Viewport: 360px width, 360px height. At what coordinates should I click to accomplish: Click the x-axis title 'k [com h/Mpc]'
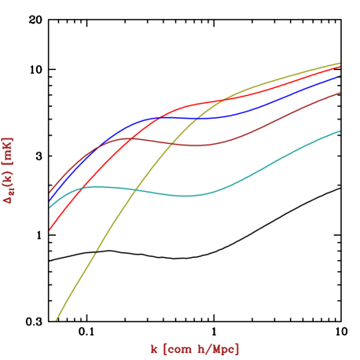[195, 349]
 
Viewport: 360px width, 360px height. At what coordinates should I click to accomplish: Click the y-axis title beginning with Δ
[9, 171]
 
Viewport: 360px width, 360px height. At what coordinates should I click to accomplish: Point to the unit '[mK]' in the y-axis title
[9, 149]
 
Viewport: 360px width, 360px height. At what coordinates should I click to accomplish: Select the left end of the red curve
[50, 230]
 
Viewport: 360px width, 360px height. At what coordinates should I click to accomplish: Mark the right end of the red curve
[340, 66]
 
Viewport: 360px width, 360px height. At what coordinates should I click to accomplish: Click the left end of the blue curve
[50, 200]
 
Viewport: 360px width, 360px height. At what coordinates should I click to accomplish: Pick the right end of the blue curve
[340, 76]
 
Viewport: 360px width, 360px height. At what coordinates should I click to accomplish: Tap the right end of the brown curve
[340, 93]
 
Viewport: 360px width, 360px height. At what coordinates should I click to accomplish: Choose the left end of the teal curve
[50, 208]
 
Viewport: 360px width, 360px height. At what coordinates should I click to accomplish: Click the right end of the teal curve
[340, 130]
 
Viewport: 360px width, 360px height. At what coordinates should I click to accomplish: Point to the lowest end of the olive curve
[56, 320]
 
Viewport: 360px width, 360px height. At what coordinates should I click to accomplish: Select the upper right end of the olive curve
[340, 63]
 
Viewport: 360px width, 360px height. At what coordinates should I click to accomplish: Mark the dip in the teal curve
[182, 196]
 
